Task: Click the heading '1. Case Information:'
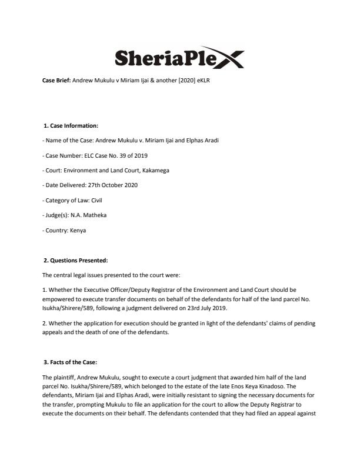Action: (x=71, y=125)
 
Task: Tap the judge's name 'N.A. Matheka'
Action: (x=89, y=215)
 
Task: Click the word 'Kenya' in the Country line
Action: (x=77, y=230)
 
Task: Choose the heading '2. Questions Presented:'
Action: (x=75, y=260)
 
